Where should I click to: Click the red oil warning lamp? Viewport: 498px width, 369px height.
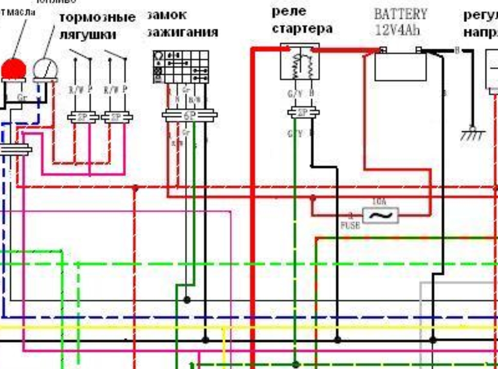13,69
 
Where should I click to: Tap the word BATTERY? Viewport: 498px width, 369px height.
400,13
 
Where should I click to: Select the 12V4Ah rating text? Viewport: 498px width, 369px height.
397,30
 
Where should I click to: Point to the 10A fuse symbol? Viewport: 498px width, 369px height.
381,216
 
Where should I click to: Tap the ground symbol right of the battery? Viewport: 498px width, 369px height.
472,134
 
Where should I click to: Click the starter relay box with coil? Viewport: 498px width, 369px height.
300,62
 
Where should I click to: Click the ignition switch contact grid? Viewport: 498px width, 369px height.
181,67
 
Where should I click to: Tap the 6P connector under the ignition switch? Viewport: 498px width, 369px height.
189,115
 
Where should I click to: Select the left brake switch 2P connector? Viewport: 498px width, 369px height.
83,118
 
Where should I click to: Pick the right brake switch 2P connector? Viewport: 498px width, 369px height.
117,118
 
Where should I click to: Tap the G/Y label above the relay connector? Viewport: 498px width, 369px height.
295,94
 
